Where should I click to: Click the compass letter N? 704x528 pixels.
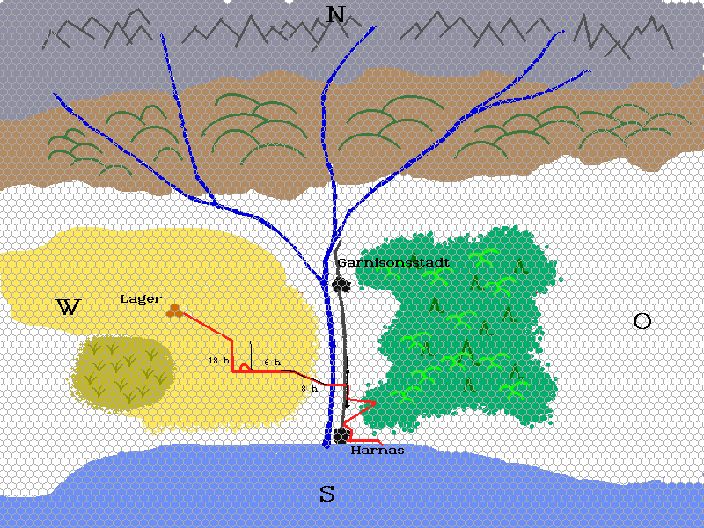335,14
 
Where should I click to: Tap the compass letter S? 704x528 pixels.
326,495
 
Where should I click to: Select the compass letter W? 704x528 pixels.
68,307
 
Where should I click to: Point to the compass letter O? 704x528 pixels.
642,321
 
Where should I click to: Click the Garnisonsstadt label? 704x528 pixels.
393,262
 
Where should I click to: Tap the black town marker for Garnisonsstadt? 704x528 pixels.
341,284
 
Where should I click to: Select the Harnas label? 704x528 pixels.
377,450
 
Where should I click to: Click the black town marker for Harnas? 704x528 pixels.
341,435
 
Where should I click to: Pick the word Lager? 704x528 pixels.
141,299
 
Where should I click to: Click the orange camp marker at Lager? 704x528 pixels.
174,310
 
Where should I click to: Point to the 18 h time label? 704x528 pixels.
219,361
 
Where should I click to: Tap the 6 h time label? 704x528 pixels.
272,362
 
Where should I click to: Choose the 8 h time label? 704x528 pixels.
309,388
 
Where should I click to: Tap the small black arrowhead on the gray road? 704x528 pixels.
347,372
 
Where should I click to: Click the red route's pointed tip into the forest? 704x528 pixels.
376,402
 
